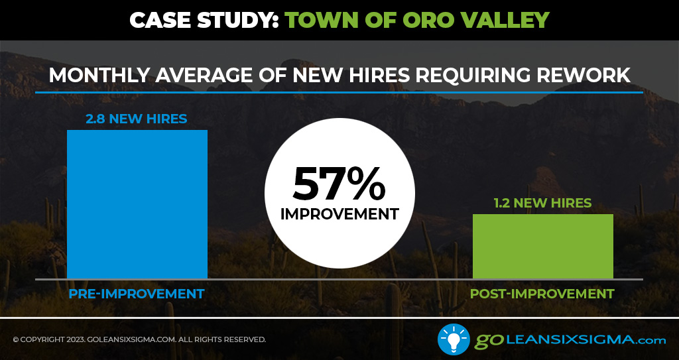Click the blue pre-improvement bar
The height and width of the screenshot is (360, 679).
click(137, 204)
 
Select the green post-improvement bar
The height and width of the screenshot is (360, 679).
click(543, 246)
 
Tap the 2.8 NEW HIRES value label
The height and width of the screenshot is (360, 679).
click(137, 119)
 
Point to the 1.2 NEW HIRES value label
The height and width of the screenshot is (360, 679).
click(542, 203)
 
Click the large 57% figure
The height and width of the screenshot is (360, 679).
click(339, 184)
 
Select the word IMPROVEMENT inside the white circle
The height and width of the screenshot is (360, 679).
click(339, 214)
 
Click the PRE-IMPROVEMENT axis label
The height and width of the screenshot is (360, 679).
click(137, 294)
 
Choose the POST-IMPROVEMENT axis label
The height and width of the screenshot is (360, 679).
click(542, 294)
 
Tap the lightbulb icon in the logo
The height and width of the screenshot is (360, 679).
click(454, 339)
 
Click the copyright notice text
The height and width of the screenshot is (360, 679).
click(139, 339)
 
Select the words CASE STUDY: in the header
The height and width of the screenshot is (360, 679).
click(204, 20)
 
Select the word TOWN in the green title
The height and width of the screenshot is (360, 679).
click(318, 20)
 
